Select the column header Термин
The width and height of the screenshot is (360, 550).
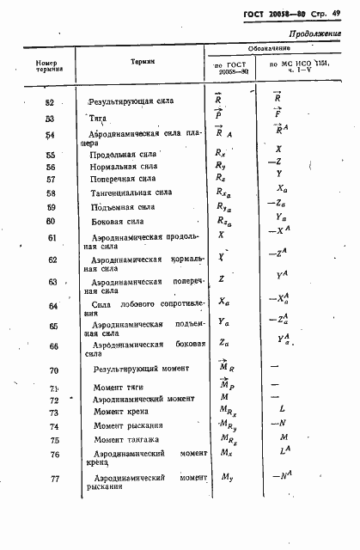pos(143,63)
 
